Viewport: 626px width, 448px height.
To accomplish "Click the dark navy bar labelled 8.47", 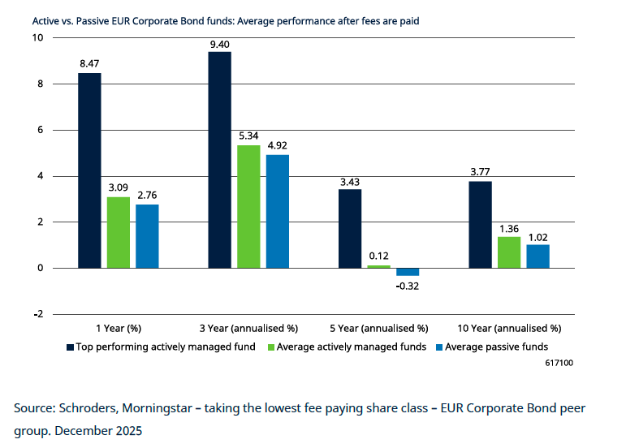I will pos(89,170).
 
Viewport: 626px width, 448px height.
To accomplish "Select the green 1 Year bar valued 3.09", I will pos(118,232).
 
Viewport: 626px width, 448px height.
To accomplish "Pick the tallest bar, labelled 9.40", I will pos(219,160).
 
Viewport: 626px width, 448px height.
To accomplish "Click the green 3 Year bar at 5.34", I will pos(248,206).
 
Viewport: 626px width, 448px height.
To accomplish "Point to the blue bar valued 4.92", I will pos(278,211).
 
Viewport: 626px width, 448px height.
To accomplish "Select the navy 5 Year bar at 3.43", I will pos(350,228).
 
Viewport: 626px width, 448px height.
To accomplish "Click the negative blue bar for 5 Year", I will pos(408,272).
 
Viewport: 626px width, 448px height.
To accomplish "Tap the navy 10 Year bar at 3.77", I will pos(480,224).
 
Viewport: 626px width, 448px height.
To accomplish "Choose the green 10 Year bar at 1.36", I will pos(509,252).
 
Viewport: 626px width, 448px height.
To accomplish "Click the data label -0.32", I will pos(408,286).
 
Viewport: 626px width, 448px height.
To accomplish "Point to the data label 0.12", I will pos(379,256).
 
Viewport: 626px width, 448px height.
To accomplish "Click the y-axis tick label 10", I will pos(38,38).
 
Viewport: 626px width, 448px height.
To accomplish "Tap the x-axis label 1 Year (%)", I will pos(119,329).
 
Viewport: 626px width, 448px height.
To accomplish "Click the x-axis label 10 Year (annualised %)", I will pos(509,329).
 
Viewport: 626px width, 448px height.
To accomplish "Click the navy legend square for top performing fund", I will pos(70,347).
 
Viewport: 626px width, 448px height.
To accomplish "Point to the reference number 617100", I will pos(559,363).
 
